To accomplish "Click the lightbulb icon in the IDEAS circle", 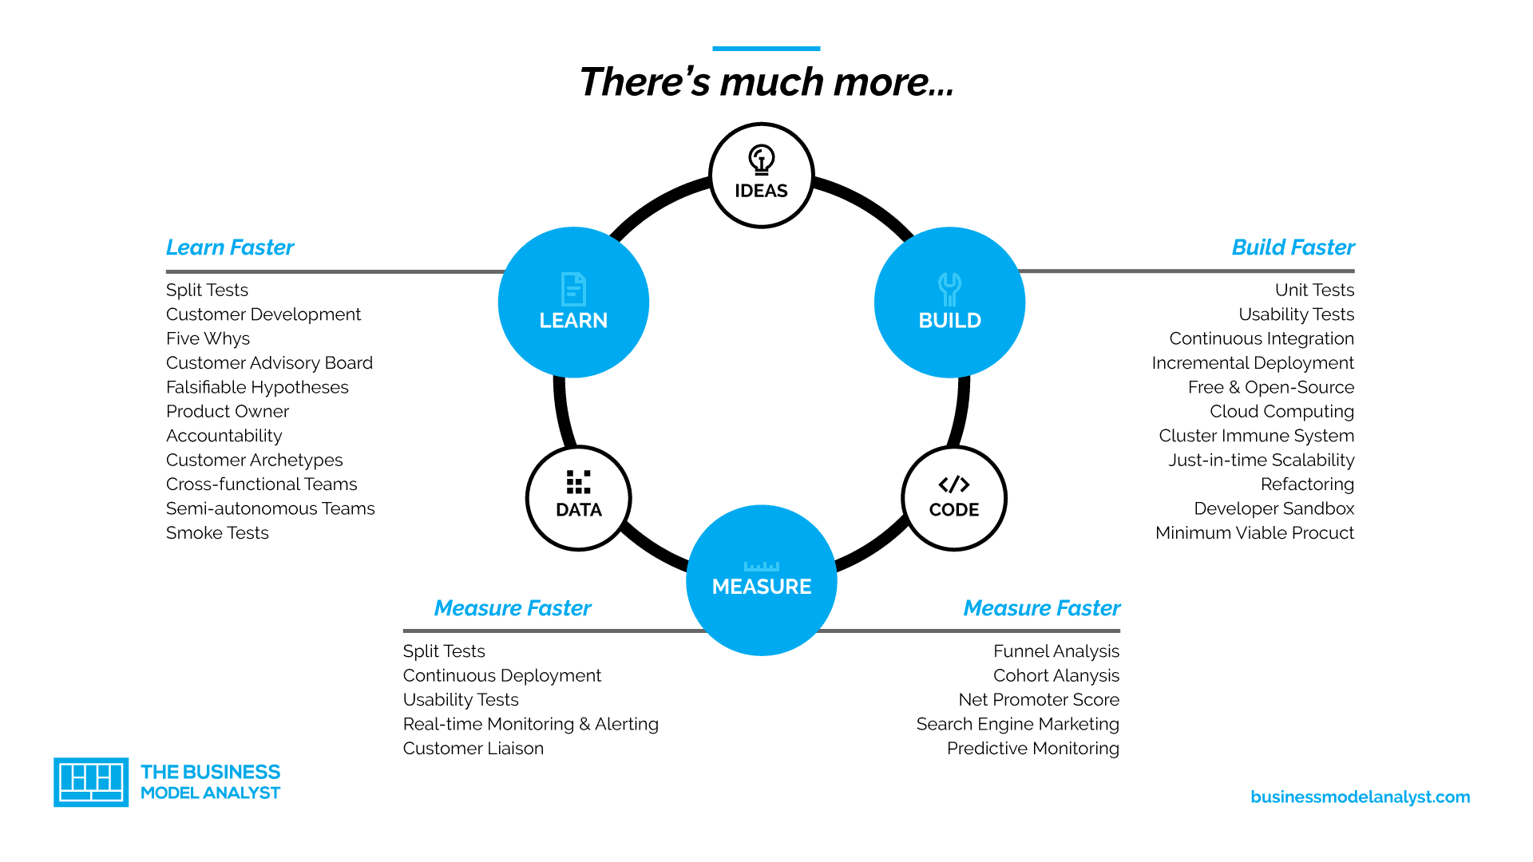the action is (761, 159).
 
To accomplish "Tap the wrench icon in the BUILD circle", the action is (949, 290).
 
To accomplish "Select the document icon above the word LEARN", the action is (573, 289).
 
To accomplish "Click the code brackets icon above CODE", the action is (953, 484).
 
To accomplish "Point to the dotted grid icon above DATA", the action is (578, 482).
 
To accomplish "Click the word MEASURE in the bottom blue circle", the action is (762, 587).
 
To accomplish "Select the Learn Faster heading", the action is (230, 247).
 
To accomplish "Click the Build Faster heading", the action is (1293, 247).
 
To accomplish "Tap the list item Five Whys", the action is (208, 338).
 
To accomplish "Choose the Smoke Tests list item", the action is (217, 532).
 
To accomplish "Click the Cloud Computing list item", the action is (1281, 411).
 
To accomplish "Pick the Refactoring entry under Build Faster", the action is (1307, 484).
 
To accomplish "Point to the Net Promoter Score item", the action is (1039, 699).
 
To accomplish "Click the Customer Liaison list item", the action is (473, 748).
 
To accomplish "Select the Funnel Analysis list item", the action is (1056, 651).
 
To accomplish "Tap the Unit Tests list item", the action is (1314, 290).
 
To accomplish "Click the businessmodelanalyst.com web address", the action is (1360, 797).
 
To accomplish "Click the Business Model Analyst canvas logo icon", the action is (91, 782).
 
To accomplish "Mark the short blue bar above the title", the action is (766, 49).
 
